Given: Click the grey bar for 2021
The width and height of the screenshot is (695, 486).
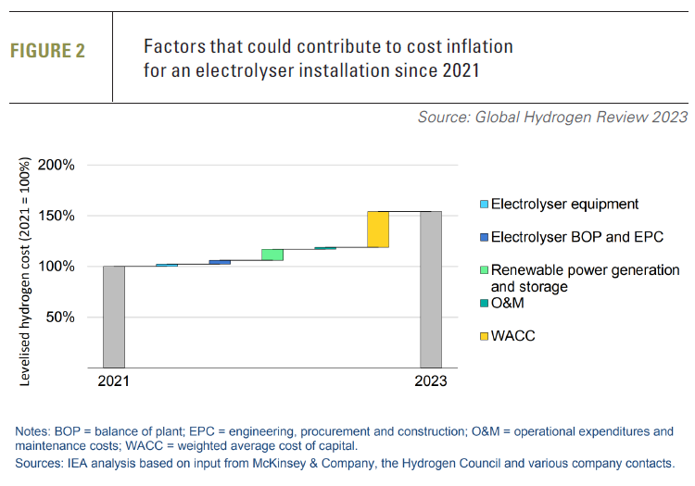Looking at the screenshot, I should point(114,317).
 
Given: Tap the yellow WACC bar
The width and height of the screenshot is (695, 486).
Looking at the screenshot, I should point(378,230).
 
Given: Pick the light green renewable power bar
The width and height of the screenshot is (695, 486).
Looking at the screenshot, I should point(272,255).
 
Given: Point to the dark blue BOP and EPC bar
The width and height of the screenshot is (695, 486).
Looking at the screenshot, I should point(220,263).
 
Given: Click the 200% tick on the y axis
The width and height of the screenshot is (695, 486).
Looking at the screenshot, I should point(66,166).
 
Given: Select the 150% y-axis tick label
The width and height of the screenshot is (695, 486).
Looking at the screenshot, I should point(66,216).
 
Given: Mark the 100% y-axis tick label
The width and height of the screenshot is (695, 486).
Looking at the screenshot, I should point(66,267).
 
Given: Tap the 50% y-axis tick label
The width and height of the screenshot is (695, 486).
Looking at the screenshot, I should point(69,317).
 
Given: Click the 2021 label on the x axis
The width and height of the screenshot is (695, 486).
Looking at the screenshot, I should point(114,381).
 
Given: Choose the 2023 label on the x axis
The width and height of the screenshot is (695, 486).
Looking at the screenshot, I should point(431,381).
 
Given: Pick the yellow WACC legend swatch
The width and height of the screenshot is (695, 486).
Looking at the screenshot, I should point(483,336).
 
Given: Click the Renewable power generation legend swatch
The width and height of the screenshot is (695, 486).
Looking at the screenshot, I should point(483,270).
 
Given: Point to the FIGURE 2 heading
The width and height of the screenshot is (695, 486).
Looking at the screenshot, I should point(47,52).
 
